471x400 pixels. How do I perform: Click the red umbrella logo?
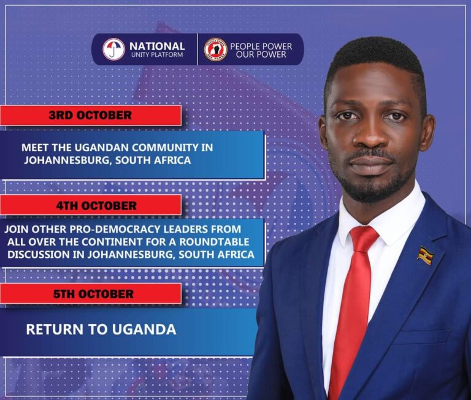tap(113, 49)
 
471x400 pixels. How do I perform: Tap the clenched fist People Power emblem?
tap(216, 50)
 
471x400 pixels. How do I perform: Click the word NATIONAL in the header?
tap(157, 46)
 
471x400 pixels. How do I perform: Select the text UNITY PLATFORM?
tap(157, 55)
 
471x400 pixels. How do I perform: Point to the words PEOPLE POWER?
tap(261, 47)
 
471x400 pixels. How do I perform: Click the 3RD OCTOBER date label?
tap(90, 115)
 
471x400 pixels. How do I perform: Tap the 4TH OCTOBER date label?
tap(96, 206)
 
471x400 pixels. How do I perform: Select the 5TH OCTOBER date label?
tap(93, 294)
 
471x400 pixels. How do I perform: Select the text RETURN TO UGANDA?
tap(101, 330)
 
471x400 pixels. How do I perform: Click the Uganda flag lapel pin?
tap(426, 255)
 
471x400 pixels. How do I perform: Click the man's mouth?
tap(372, 162)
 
